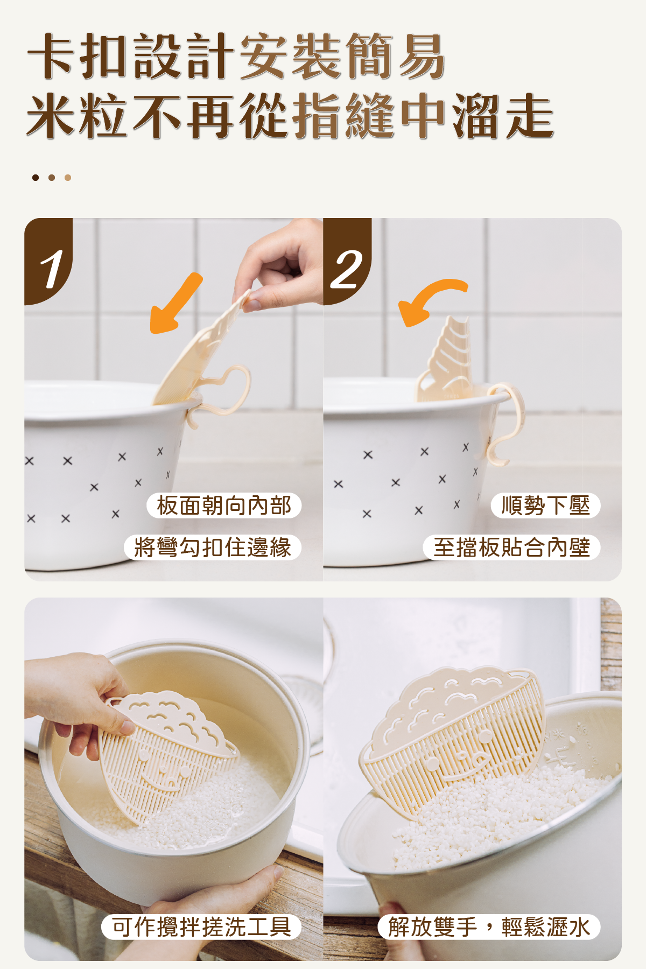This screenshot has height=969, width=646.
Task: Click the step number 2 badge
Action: pos(347,261)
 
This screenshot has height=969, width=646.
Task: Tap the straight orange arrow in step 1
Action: pos(175,304)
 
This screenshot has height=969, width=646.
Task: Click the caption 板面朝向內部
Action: pos(224,505)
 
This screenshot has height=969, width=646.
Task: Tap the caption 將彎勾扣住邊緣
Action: pos(212,547)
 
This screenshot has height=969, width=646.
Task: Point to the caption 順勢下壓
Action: pos(545,505)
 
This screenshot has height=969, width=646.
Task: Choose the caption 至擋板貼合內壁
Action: pos(511,547)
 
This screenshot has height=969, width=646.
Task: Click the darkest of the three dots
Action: pos(36,178)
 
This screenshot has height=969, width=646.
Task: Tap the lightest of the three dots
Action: pos(68,178)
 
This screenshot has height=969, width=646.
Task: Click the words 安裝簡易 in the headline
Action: pos(342,56)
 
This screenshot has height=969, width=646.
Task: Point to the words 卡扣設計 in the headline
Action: pos(131,56)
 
